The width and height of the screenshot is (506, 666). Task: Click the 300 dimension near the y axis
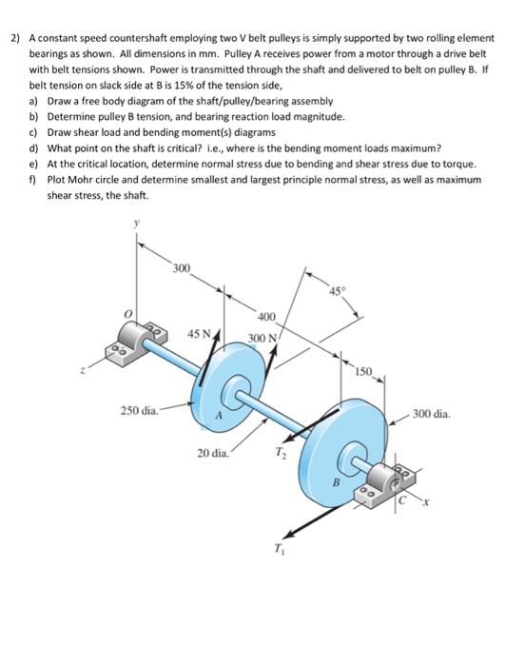tap(182, 268)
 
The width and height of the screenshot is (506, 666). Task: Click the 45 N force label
tap(200, 334)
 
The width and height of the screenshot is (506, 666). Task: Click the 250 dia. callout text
tap(140, 411)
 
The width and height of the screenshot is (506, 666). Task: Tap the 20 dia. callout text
tap(213, 453)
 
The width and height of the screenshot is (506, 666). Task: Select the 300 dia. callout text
tap(432, 413)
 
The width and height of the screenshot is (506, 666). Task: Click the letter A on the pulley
tap(219, 416)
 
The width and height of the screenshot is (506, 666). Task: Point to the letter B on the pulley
tap(337, 482)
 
